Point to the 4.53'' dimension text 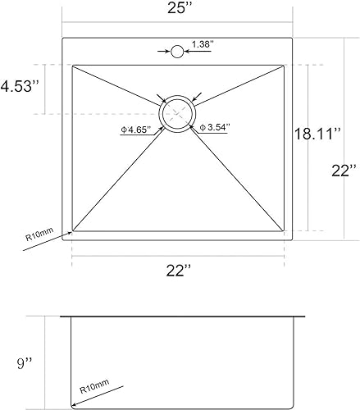pyautogui.click(x=21, y=87)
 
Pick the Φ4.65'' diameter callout pyautogui.click(x=135, y=128)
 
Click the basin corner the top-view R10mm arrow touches pyautogui.click(x=73, y=231)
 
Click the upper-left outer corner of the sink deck pyautogui.click(x=62, y=37)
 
